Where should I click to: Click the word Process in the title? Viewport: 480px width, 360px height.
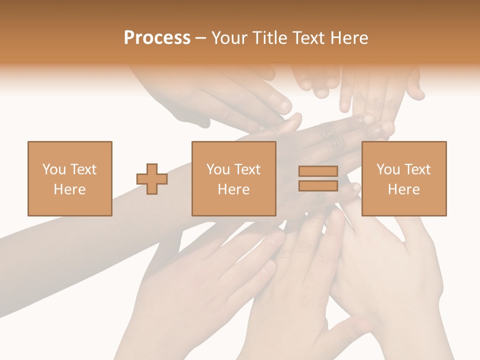[157, 38]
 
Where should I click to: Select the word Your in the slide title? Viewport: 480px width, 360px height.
[229, 38]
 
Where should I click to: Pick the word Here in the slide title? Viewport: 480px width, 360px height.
[351, 38]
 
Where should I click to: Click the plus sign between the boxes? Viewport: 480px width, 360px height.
[152, 179]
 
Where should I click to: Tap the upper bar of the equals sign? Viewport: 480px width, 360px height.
[318, 171]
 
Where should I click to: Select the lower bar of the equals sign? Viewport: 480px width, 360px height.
[318, 185]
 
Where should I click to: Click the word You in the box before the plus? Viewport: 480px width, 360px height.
[54, 169]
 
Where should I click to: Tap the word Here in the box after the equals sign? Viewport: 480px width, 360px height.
[404, 189]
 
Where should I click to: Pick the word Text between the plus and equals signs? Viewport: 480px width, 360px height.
[247, 169]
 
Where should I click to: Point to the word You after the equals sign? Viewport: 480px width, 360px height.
[388, 169]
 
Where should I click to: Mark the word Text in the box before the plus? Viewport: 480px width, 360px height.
[83, 169]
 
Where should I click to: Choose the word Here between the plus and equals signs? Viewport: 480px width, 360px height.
[234, 189]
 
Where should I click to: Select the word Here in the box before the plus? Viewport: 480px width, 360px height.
[70, 189]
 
